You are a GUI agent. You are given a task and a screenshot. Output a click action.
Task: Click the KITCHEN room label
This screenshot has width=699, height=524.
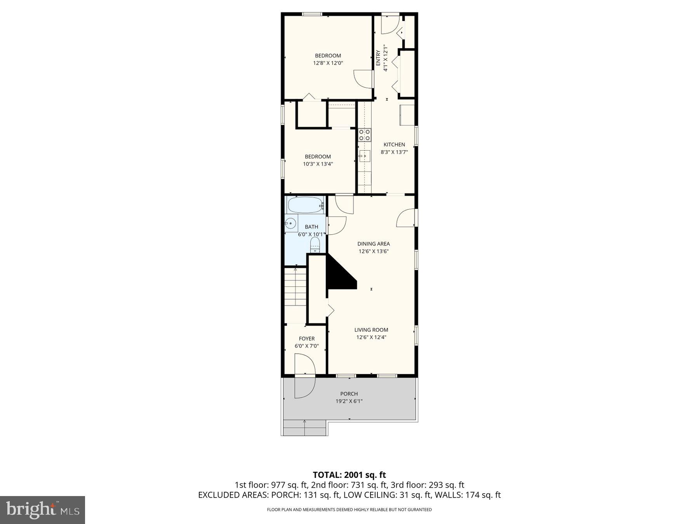click(394, 144)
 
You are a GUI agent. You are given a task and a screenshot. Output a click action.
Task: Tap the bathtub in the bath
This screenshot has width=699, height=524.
click(305, 205)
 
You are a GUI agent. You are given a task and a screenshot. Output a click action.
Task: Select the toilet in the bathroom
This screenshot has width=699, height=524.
click(315, 245)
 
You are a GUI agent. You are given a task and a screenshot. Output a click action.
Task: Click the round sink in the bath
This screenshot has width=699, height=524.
click(290, 223)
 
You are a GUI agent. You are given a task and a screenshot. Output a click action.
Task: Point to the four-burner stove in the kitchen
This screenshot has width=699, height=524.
click(364, 135)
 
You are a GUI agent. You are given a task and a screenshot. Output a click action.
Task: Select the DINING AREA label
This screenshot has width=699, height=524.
click(373, 244)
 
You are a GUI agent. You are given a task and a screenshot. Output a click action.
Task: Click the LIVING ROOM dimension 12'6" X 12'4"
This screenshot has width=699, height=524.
click(371, 337)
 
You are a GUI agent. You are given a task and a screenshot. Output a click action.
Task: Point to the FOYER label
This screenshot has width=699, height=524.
click(306, 338)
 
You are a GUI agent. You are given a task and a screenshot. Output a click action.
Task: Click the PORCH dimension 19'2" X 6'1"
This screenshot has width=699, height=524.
click(349, 401)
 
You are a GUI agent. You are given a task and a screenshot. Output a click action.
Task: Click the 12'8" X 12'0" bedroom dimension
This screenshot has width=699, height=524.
click(328, 63)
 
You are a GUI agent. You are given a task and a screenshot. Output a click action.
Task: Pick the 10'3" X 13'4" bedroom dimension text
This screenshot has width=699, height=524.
click(318, 164)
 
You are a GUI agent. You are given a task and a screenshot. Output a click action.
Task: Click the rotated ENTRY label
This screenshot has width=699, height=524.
click(378, 58)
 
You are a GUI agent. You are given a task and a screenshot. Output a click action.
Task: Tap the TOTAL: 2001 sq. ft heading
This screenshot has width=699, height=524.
click(349, 475)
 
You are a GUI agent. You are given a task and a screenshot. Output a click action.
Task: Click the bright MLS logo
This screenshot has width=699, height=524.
click(42, 510)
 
